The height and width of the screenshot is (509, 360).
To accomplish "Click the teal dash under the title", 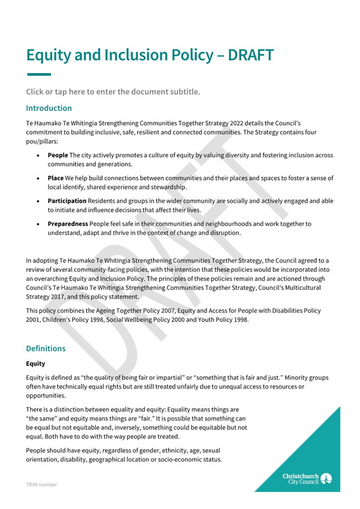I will click(38, 74).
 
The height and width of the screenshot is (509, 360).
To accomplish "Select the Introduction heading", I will click(49, 108).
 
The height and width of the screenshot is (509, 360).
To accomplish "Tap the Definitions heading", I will click(46, 349).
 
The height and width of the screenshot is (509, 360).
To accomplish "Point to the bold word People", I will click(58, 155).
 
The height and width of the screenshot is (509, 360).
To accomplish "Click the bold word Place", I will click(56, 177).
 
